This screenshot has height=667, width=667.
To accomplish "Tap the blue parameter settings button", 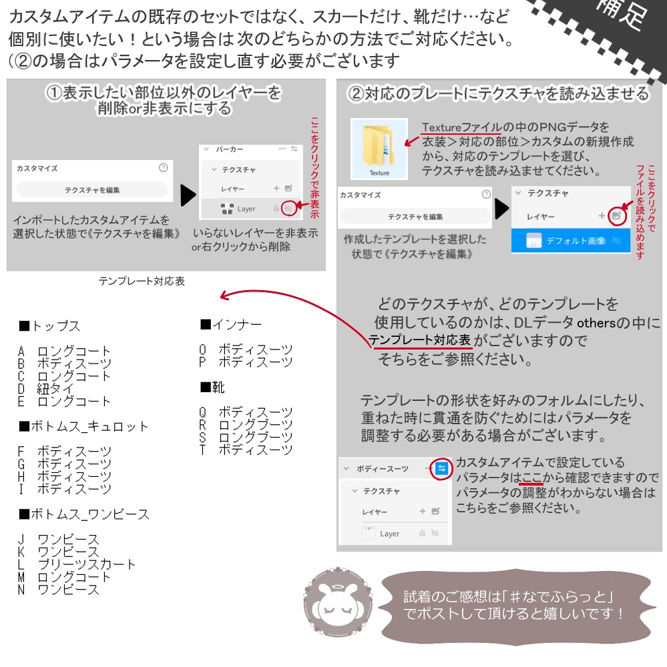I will pos(441,468).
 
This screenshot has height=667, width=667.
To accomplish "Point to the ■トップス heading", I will pos(50,326).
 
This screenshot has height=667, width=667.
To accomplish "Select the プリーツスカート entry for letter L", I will pos(86,564).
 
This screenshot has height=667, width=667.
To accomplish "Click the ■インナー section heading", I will pos(231,325).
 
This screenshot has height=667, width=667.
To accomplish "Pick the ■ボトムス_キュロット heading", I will pos(83,426).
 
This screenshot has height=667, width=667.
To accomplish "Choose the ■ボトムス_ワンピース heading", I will pos(84,514).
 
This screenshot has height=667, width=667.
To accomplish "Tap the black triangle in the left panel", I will pos(188,195).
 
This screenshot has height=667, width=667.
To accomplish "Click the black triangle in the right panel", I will pos(501,208).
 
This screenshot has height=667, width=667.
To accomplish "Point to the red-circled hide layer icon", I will pos(288,208).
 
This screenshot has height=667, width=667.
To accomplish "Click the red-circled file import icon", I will pos(618,216).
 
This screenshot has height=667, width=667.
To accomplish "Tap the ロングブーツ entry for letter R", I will pos(256,424).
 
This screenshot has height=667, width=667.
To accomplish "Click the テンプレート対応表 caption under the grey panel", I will pos(142,281).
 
